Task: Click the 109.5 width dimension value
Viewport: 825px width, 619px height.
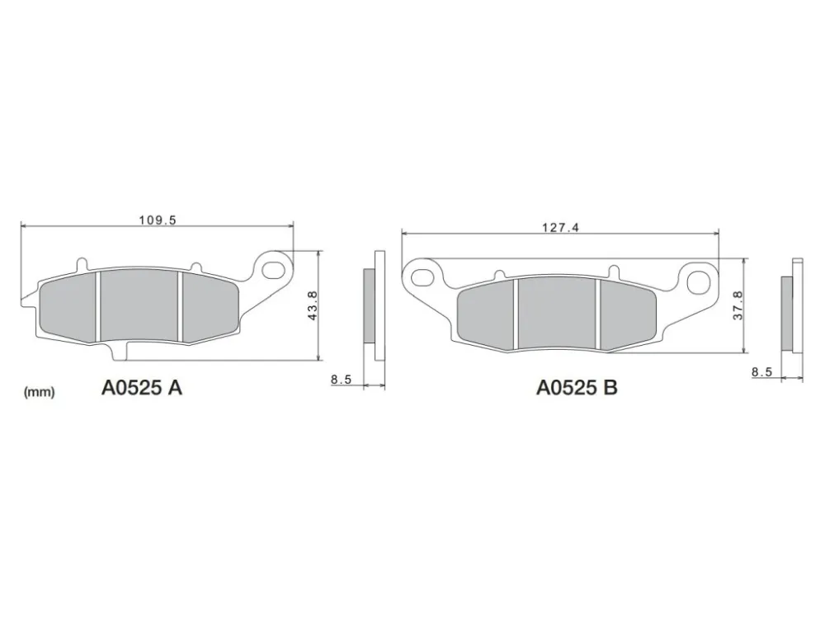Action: [158, 220]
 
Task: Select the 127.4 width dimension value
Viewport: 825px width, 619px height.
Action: [560, 228]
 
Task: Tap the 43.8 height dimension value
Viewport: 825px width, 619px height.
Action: [312, 306]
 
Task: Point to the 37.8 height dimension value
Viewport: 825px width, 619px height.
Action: [738, 306]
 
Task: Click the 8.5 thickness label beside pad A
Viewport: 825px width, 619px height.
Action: [341, 379]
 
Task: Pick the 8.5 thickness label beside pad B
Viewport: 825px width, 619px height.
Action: [761, 372]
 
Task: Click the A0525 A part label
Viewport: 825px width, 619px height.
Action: [142, 389]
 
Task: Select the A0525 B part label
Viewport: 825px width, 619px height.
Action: [577, 388]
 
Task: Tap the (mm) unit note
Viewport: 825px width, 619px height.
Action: [40, 392]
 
